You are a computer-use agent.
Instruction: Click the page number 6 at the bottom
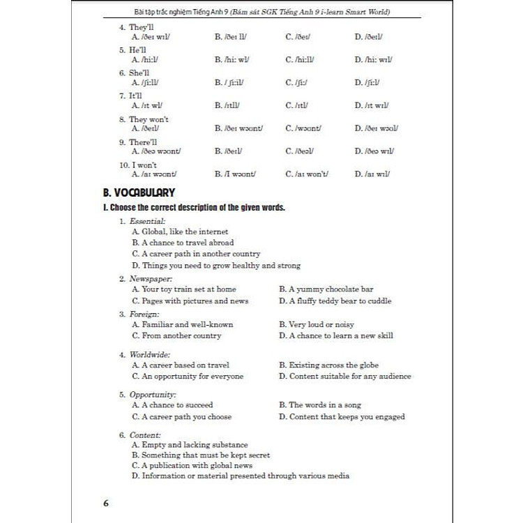[x=106, y=503]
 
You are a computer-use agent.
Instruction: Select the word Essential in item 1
[x=147, y=220]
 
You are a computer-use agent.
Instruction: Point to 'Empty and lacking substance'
[x=190, y=444]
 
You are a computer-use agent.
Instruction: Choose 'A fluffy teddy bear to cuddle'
[x=335, y=301]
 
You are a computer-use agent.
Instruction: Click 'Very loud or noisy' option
[x=317, y=324]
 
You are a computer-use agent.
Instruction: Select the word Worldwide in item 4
[x=150, y=354]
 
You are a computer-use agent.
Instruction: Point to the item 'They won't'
[x=149, y=119]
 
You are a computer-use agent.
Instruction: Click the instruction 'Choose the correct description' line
[x=194, y=208]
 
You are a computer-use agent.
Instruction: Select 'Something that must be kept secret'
[x=201, y=455]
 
